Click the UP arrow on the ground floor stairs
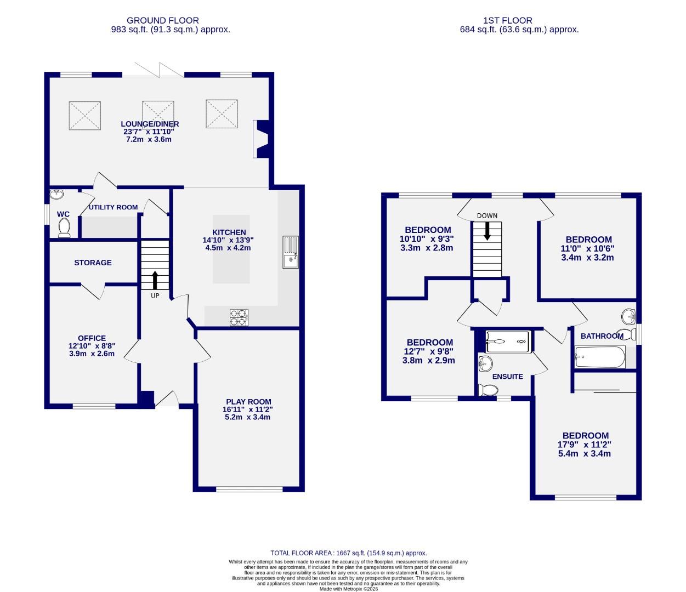(x=155, y=280)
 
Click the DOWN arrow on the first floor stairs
(x=487, y=232)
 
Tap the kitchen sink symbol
(x=291, y=252)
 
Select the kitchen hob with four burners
(x=239, y=318)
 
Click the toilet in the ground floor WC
(x=64, y=227)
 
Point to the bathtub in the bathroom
(x=599, y=357)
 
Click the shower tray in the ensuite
(x=508, y=341)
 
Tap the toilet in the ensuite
(x=487, y=390)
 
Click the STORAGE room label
(x=93, y=263)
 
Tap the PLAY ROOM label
(x=248, y=401)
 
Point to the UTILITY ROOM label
(x=113, y=207)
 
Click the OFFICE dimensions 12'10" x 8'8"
(x=92, y=346)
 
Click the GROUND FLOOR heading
(x=163, y=20)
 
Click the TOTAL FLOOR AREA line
(x=349, y=553)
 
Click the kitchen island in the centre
(x=231, y=249)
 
